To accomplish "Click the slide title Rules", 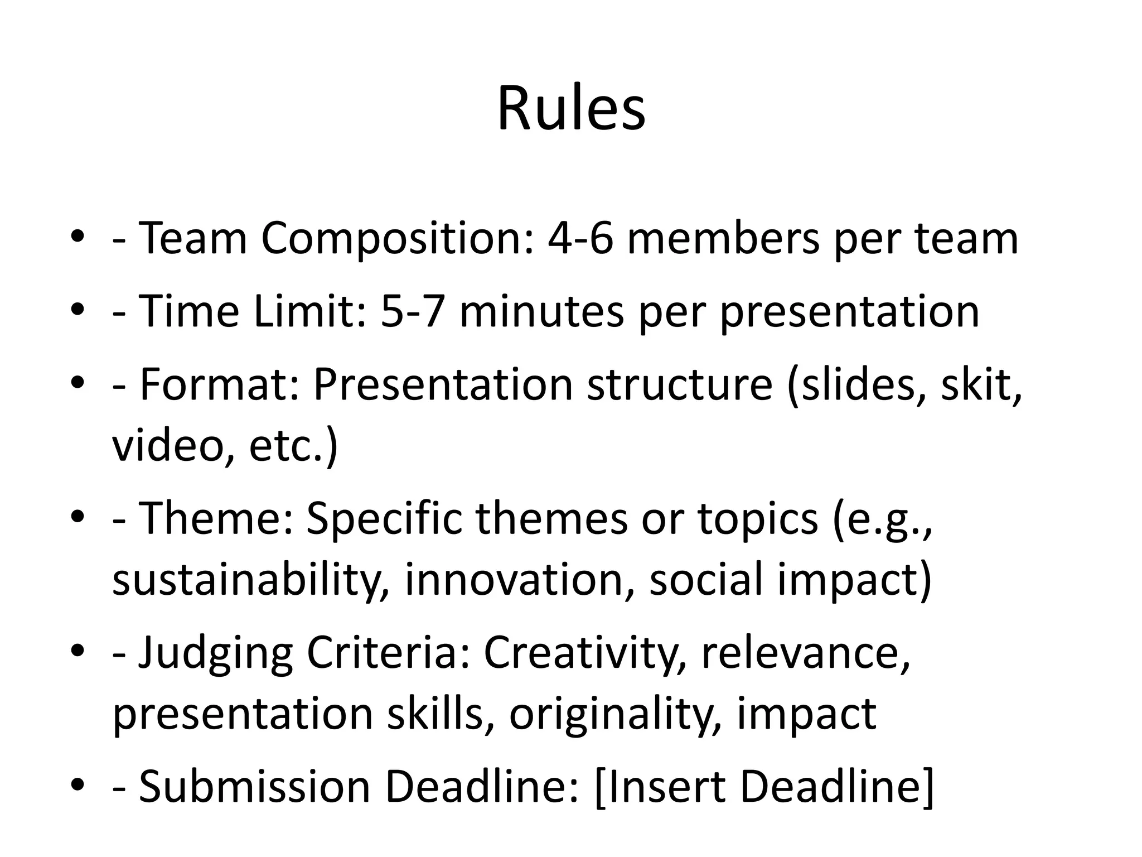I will click(571, 109).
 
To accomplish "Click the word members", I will click(723, 239).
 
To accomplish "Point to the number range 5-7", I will click(413, 311).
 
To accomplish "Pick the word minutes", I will click(541, 311).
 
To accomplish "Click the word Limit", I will click(309, 311).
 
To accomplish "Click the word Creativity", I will click(585, 653).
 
